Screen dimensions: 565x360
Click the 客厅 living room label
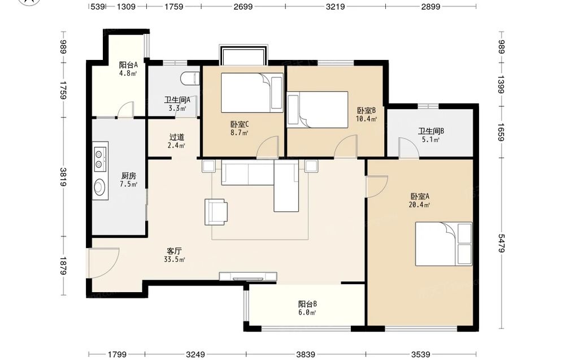point(175,251)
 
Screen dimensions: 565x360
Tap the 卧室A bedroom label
point(420,197)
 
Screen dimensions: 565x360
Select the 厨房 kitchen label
point(129,176)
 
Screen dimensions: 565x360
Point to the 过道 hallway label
point(176,137)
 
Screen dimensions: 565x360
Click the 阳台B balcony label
point(307,304)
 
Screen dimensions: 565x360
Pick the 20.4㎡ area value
point(420,205)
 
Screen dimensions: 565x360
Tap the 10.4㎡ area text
point(366,119)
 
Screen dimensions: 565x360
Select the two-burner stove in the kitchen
point(101,159)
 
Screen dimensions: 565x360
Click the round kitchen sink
point(99,188)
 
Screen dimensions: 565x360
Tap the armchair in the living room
point(216,212)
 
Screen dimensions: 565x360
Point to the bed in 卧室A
point(444,244)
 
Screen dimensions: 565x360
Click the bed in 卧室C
point(252,93)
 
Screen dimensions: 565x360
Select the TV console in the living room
point(248,276)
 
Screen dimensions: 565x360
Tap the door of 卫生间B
point(408,147)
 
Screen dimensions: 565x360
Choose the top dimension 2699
point(243,6)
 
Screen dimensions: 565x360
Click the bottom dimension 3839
point(306,354)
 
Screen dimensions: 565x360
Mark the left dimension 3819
point(63,177)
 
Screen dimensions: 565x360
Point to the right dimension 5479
point(502,242)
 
